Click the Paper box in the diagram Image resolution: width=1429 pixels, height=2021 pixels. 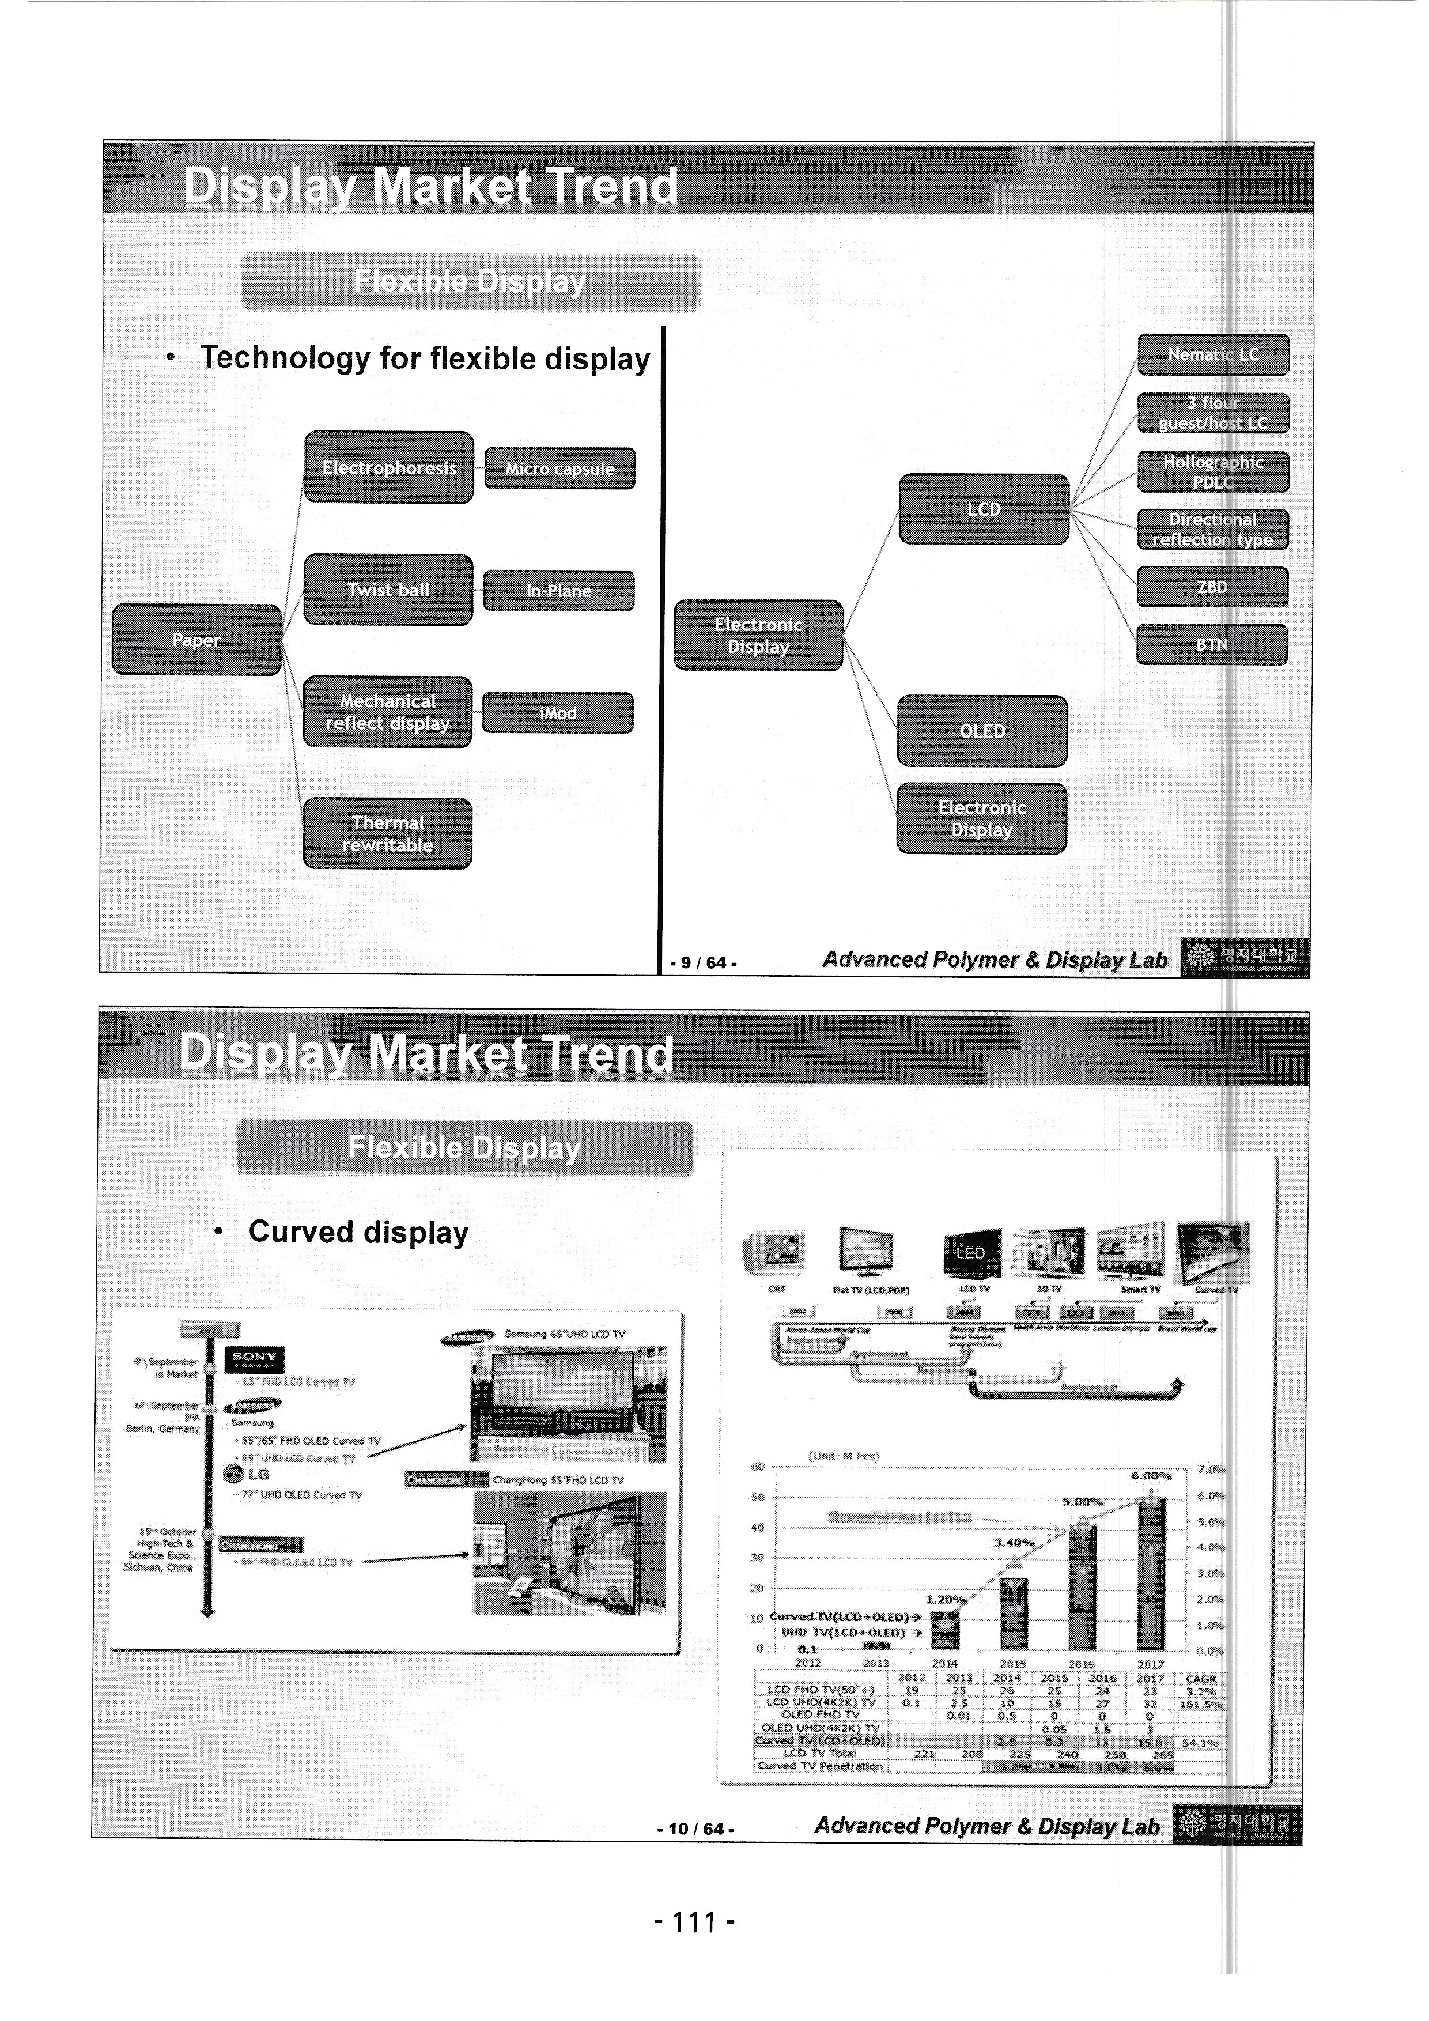pyautogui.click(x=196, y=640)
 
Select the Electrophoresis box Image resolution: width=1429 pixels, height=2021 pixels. pyautogui.click(x=389, y=467)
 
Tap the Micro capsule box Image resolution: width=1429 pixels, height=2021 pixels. pyautogui.click(x=559, y=469)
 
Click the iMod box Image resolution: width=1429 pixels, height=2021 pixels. pyautogui.click(x=558, y=712)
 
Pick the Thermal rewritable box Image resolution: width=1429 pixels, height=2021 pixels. pyautogui.click(x=387, y=833)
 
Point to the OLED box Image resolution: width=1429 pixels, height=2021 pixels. pyautogui.click(x=982, y=731)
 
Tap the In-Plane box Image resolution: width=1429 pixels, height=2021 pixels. pyautogui.click(x=559, y=591)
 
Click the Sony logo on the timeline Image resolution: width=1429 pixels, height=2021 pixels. pyautogui.click(x=255, y=1358)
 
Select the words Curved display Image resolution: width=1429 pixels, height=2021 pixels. pyautogui.click(x=358, y=1232)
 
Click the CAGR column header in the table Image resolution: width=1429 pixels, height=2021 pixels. pyautogui.click(x=1200, y=1679)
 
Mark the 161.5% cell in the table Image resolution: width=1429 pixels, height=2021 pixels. pyautogui.click(x=1201, y=1704)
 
